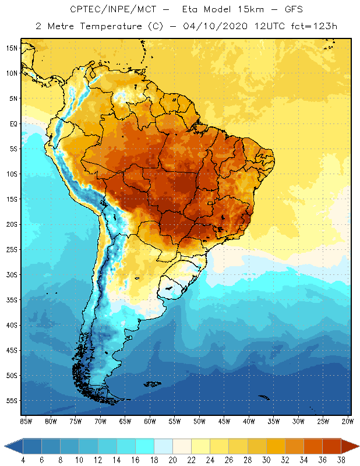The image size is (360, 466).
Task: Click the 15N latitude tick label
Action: [12, 48]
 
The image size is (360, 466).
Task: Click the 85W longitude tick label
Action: [26, 421]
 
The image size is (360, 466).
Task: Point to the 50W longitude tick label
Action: [200, 421]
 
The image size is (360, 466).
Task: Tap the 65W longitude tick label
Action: [125, 421]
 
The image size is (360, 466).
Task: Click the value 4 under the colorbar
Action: [23, 460]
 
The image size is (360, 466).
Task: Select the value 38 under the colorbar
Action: [341, 460]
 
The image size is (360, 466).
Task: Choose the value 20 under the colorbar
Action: [172, 460]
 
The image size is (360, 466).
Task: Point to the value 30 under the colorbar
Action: [266, 460]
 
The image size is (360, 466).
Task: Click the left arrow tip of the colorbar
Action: [6, 446]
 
